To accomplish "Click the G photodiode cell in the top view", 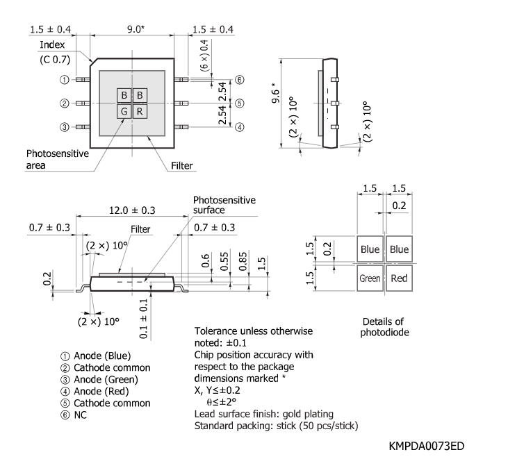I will coord(124,111).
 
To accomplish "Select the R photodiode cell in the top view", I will coord(139,111).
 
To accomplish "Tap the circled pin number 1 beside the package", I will coord(64,80).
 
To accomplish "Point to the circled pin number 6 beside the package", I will coord(239,80).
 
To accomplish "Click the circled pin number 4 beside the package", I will coord(239,127).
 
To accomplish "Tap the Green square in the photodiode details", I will coord(370,278).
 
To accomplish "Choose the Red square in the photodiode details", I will coord(399,278).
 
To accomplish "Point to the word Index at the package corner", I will coord(51,44).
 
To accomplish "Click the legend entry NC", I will coord(81,415).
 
